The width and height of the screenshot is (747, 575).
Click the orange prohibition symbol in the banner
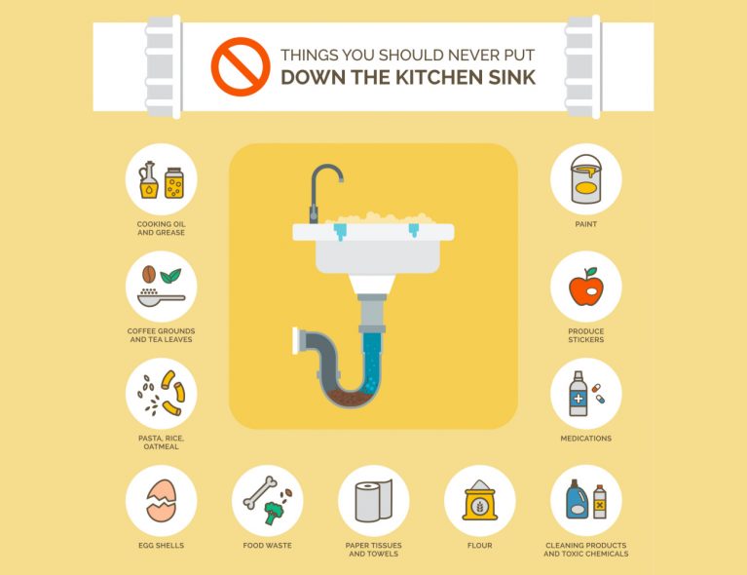click(x=241, y=66)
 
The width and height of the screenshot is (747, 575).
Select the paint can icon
click(x=586, y=178)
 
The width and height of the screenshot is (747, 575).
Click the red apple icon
click(x=586, y=287)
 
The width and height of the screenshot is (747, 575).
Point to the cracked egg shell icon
click(x=161, y=501)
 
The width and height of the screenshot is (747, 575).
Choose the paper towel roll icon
click(x=374, y=501)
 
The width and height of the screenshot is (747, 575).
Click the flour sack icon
click(x=480, y=500)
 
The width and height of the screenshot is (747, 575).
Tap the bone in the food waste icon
click(x=260, y=492)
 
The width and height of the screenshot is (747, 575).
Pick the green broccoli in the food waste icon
click(x=274, y=513)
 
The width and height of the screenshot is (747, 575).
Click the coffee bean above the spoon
click(x=149, y=274)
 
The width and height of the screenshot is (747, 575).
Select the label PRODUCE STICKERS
click(x=586, y=335)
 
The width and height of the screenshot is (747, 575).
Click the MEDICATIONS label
click(x=586, y=439)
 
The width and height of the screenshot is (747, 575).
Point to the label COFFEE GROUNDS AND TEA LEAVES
click(x=161, y=335)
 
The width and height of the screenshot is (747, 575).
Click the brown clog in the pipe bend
click(x=350, y=398)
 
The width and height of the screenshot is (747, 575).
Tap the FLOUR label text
click(x=480, y=546)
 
